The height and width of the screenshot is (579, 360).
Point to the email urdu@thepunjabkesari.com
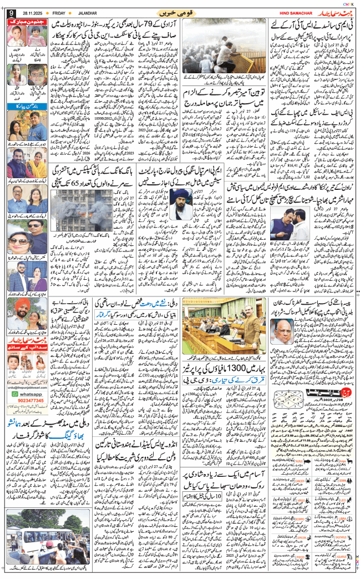[26, 397]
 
